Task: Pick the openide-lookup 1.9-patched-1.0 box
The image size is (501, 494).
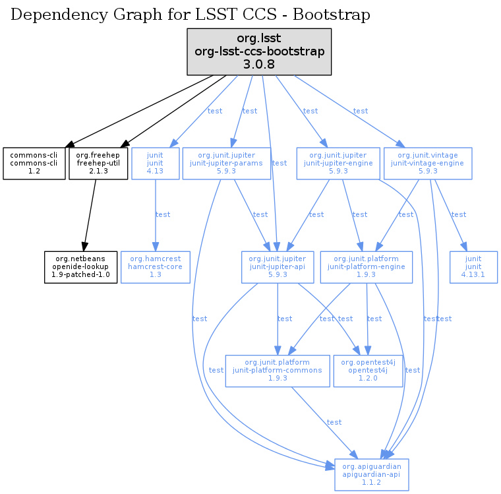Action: click(81, 267)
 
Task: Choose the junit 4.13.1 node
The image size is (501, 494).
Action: click(473, 267)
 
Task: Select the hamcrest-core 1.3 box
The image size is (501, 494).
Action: click(156, 267)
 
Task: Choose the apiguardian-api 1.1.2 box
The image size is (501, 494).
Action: click(371, 474)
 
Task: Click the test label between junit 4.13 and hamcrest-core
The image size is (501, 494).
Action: click(162, 214)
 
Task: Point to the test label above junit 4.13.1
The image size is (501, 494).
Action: click(458, 214)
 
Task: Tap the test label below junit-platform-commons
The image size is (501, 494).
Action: click(334, 422)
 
